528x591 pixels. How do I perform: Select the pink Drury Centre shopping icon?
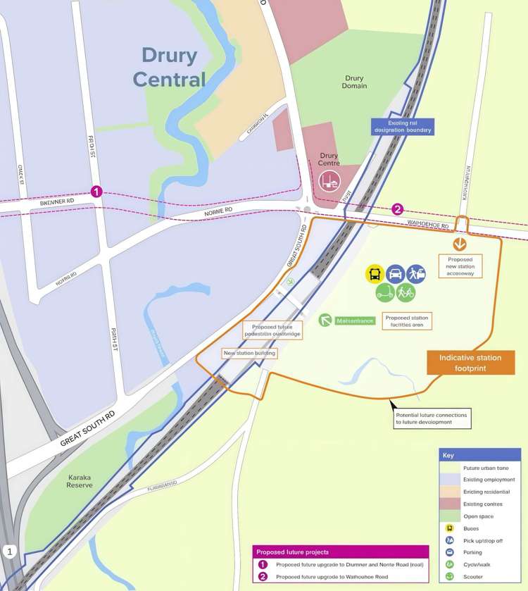[329, 180]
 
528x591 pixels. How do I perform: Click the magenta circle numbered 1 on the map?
[96, 192]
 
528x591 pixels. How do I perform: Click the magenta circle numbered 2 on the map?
[398, 209]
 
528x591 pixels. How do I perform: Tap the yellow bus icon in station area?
[375, 274]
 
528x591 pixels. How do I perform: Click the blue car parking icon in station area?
[396, 274]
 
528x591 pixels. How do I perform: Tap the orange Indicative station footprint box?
[471, 362]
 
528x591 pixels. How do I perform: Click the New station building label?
[249, 353]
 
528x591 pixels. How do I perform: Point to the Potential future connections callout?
[431, 419]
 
